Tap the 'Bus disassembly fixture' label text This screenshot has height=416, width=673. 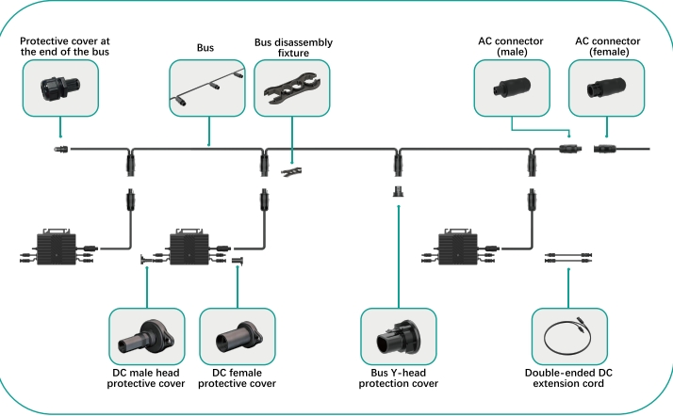(x=293, y=48)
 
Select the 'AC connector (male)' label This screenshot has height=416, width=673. (x=511, y=48)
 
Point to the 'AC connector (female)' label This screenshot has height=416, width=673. (x=608, y=48)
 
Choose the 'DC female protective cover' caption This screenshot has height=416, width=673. (x=238, y=377)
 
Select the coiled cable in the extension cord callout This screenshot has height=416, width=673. (x=571, y=336)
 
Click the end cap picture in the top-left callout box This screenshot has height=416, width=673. (x=61, y=88)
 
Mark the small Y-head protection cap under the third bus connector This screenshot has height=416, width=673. (x=397, y=192)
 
